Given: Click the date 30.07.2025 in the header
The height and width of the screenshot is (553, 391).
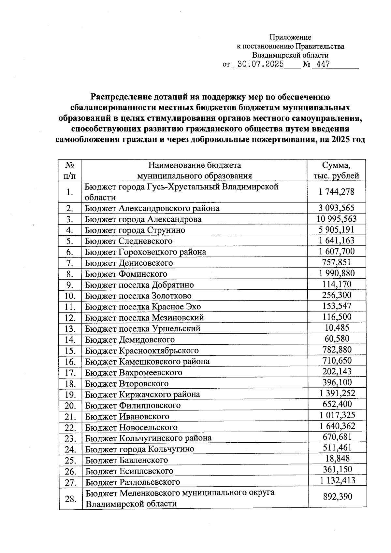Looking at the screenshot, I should [x=260, y=64].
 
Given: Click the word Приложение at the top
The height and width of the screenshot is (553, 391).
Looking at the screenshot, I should [x=290, y=37].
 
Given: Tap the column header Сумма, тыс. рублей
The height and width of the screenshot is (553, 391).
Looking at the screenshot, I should [x=336, y=170].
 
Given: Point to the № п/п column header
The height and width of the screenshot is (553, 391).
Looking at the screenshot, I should [x=69, y=170].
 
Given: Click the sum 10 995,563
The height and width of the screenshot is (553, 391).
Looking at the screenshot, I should [x=337, y=219].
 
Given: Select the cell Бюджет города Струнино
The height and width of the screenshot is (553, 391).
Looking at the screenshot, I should [x=135, y=230].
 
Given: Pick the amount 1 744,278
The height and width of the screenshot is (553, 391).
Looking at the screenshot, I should [x=337, y=192].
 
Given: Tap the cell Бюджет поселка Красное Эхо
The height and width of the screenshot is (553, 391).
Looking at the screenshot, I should [x=143, y=307].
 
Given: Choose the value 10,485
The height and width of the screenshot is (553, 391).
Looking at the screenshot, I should [x=337, y=327].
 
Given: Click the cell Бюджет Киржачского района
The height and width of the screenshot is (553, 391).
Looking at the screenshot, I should [x=142, y=394].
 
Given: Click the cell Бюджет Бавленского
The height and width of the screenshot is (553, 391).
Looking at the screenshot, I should [x=126, y=460].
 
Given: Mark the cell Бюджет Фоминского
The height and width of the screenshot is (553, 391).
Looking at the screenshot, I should [x=126, y=274].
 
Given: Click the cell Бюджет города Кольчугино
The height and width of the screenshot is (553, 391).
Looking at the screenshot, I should [x=139, y=449].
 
